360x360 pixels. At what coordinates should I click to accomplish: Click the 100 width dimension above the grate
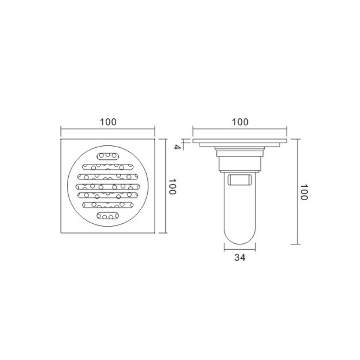pos(108,122)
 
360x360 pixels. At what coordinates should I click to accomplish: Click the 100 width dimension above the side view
pos(240,122)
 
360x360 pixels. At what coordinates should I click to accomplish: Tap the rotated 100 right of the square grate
pos(173,186)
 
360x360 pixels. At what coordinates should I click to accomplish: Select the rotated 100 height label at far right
pos(304,192)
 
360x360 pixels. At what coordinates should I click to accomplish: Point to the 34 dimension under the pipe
pos(240,257)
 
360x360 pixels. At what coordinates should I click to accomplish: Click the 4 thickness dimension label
pos(176,147)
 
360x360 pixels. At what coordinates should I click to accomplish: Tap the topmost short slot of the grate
pos(108,156)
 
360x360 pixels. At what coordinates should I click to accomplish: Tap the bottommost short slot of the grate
pos(108,216)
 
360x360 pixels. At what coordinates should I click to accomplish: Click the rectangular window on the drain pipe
pos(239,180)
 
